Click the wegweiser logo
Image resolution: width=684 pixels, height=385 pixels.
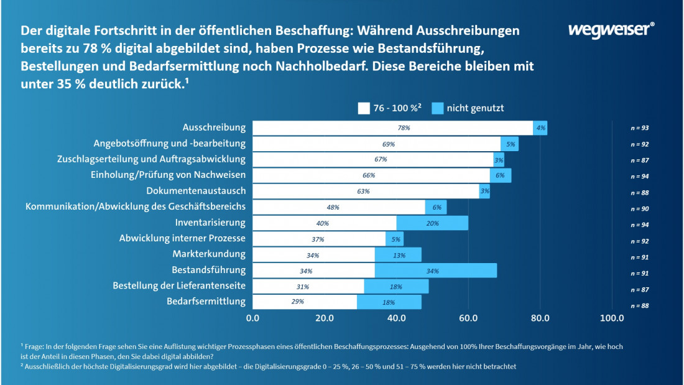coord(611,30)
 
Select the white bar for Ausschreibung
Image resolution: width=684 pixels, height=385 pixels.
coord(392,128)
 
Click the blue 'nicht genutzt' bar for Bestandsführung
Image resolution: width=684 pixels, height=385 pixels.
coord(435,271)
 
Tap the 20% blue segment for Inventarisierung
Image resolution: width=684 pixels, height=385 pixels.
coord(432,223)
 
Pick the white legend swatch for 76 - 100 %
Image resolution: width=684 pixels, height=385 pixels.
coord(364,108)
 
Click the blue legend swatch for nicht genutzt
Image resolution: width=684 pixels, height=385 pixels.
coord(437,108)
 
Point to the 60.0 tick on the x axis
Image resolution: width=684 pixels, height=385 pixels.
coord(468,318)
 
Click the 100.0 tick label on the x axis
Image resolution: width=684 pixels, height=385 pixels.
coord(612,318)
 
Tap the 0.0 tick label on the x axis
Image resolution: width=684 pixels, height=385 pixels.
coord(253,318)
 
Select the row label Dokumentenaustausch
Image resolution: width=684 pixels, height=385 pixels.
coord(196,191)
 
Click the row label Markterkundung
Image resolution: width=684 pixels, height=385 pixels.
coord(209,254)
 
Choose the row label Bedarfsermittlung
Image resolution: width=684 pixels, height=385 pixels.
coord(206,302)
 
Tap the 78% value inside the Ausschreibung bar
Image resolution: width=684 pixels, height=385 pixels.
coord(404,128)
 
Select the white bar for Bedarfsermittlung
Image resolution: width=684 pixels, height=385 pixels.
coord(305,302)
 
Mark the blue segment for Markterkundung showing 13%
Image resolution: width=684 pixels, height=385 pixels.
coord(399,254)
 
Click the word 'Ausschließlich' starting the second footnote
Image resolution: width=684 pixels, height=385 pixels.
coord(47,366)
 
